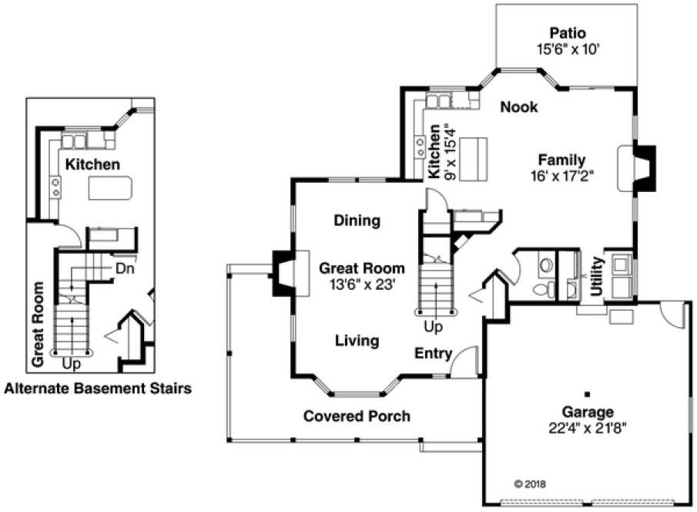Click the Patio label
pos(568,33)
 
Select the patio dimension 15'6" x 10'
pos(568,48)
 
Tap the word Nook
pos(518,107)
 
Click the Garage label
pos(587,412)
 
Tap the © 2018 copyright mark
pos(528,484)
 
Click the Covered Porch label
pos(356,416)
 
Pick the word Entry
pos(433,353)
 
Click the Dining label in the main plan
pos(357,221)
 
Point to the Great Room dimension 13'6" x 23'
pos(361,283)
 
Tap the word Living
pos(357,340)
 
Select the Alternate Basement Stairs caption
pos(98,389)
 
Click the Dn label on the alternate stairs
pos(126,268)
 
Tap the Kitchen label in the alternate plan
pos(92,164)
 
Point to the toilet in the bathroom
pos(544,288)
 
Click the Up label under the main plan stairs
pos(433,327)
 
